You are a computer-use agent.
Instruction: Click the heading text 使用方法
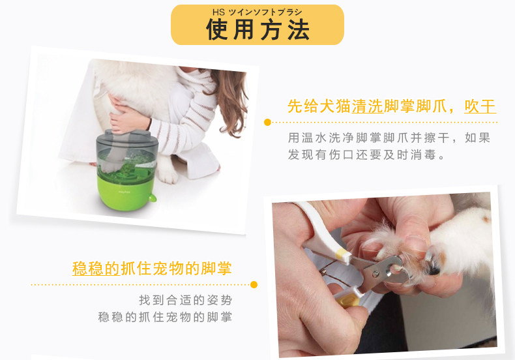pyautogui.click(x=257, y=29)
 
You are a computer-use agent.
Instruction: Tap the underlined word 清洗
pyautogui.click(x=367, y=106)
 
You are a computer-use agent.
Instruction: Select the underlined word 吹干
pyautogui.click(x=480, y=106)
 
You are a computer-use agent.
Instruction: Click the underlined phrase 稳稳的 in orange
pyautogui.click(x=95, y=269)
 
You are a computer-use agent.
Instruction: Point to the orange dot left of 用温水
pyautogui.click(x=267, y=122)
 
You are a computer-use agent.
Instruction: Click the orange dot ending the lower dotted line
pyautogui.click(x=254, y=284)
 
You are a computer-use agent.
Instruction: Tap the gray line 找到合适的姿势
pyautogui.click(x=185, y=301)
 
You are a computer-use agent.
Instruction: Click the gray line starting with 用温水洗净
pyautogui.click(x=389, y=138)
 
